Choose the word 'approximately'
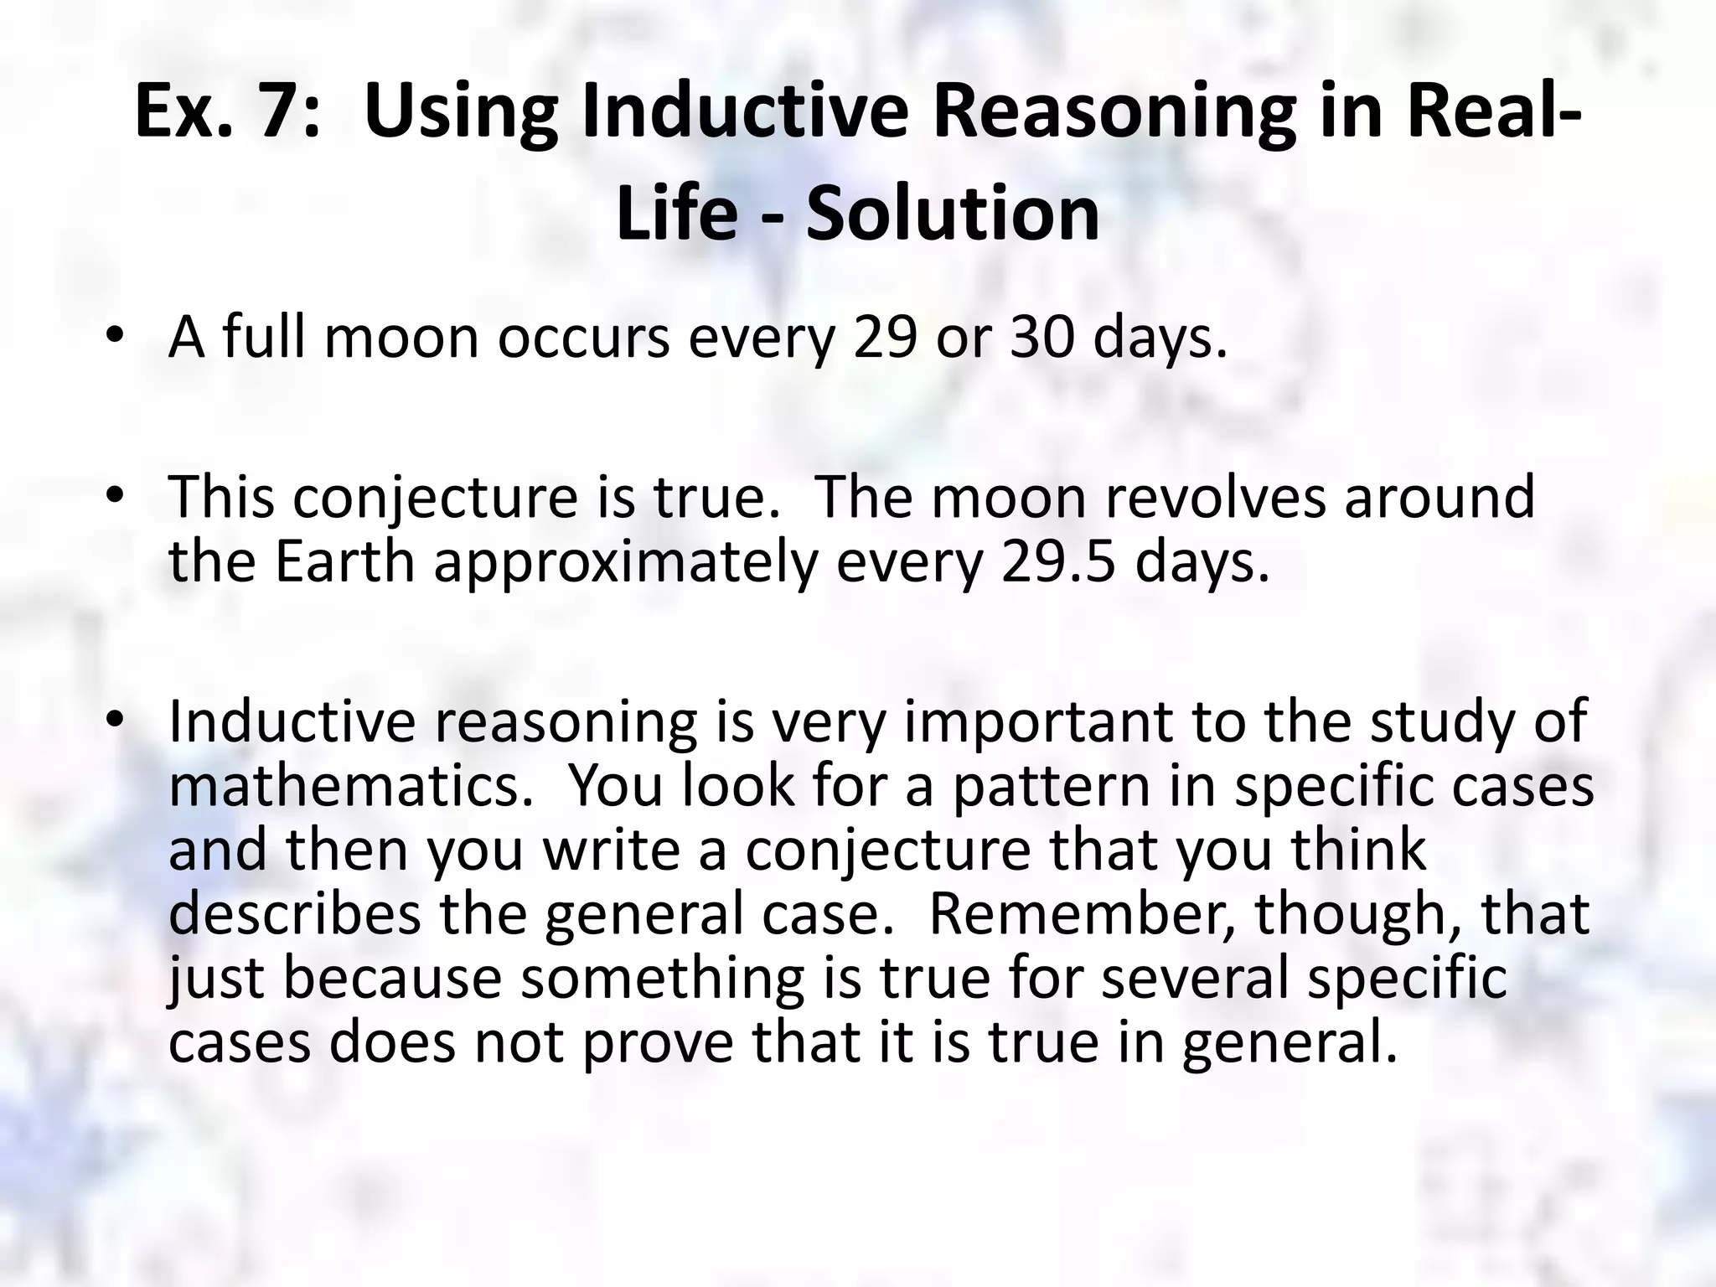click(625, 563)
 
